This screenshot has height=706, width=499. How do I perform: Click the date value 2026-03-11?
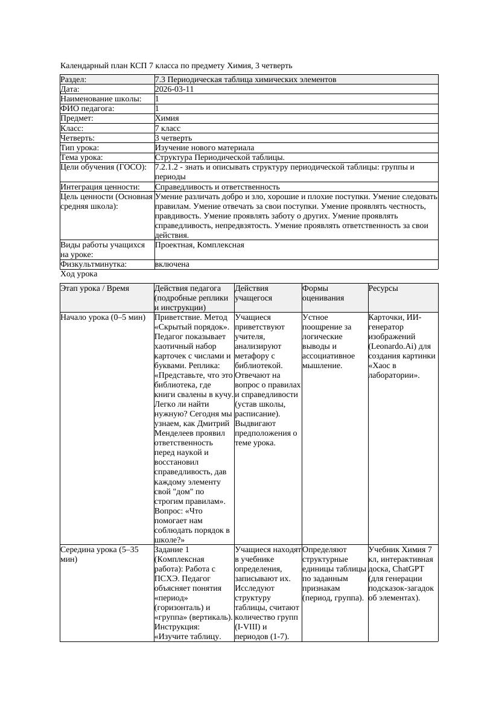pos(174,89)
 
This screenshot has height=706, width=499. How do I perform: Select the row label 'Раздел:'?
pos(74,80)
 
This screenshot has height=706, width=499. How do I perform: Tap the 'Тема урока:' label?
pos(81,157)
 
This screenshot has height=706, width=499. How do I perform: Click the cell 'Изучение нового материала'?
pos(204,148)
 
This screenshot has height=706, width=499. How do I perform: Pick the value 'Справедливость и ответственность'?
pos(217,187)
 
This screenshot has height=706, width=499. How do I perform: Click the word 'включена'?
pos(172,264)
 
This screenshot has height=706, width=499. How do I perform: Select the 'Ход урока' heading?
pos(79,274)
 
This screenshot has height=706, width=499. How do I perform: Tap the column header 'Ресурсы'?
pos(383,288)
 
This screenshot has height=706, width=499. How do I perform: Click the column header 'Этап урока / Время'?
pos(95,288)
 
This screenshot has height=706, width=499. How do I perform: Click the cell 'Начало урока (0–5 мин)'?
pos(103,317)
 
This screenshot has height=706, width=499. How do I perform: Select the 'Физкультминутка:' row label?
pos(94,264)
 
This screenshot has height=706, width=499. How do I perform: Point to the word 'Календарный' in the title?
pos(83,65)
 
